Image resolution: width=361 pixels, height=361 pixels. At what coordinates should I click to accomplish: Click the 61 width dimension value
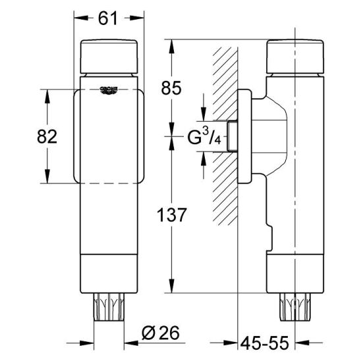pos(108,18)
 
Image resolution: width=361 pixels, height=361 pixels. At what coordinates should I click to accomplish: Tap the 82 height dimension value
pos(47,136)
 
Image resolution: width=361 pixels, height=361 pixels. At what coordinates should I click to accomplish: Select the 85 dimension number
pos(171,88)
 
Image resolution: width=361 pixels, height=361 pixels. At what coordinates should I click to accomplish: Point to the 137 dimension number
pos(171,215)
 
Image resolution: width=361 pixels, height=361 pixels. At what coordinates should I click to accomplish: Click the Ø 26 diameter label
pos(161,333)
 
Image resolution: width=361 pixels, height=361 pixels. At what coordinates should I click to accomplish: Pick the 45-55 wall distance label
pos(264,343)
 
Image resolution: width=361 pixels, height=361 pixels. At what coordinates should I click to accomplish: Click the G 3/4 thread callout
pos(204,136)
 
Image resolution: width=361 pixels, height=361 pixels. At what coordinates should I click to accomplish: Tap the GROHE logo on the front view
pos(109,90)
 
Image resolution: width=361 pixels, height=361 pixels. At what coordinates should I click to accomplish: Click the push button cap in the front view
pos(109,57)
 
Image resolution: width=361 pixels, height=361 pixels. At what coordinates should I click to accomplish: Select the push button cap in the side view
pos(295,57)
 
